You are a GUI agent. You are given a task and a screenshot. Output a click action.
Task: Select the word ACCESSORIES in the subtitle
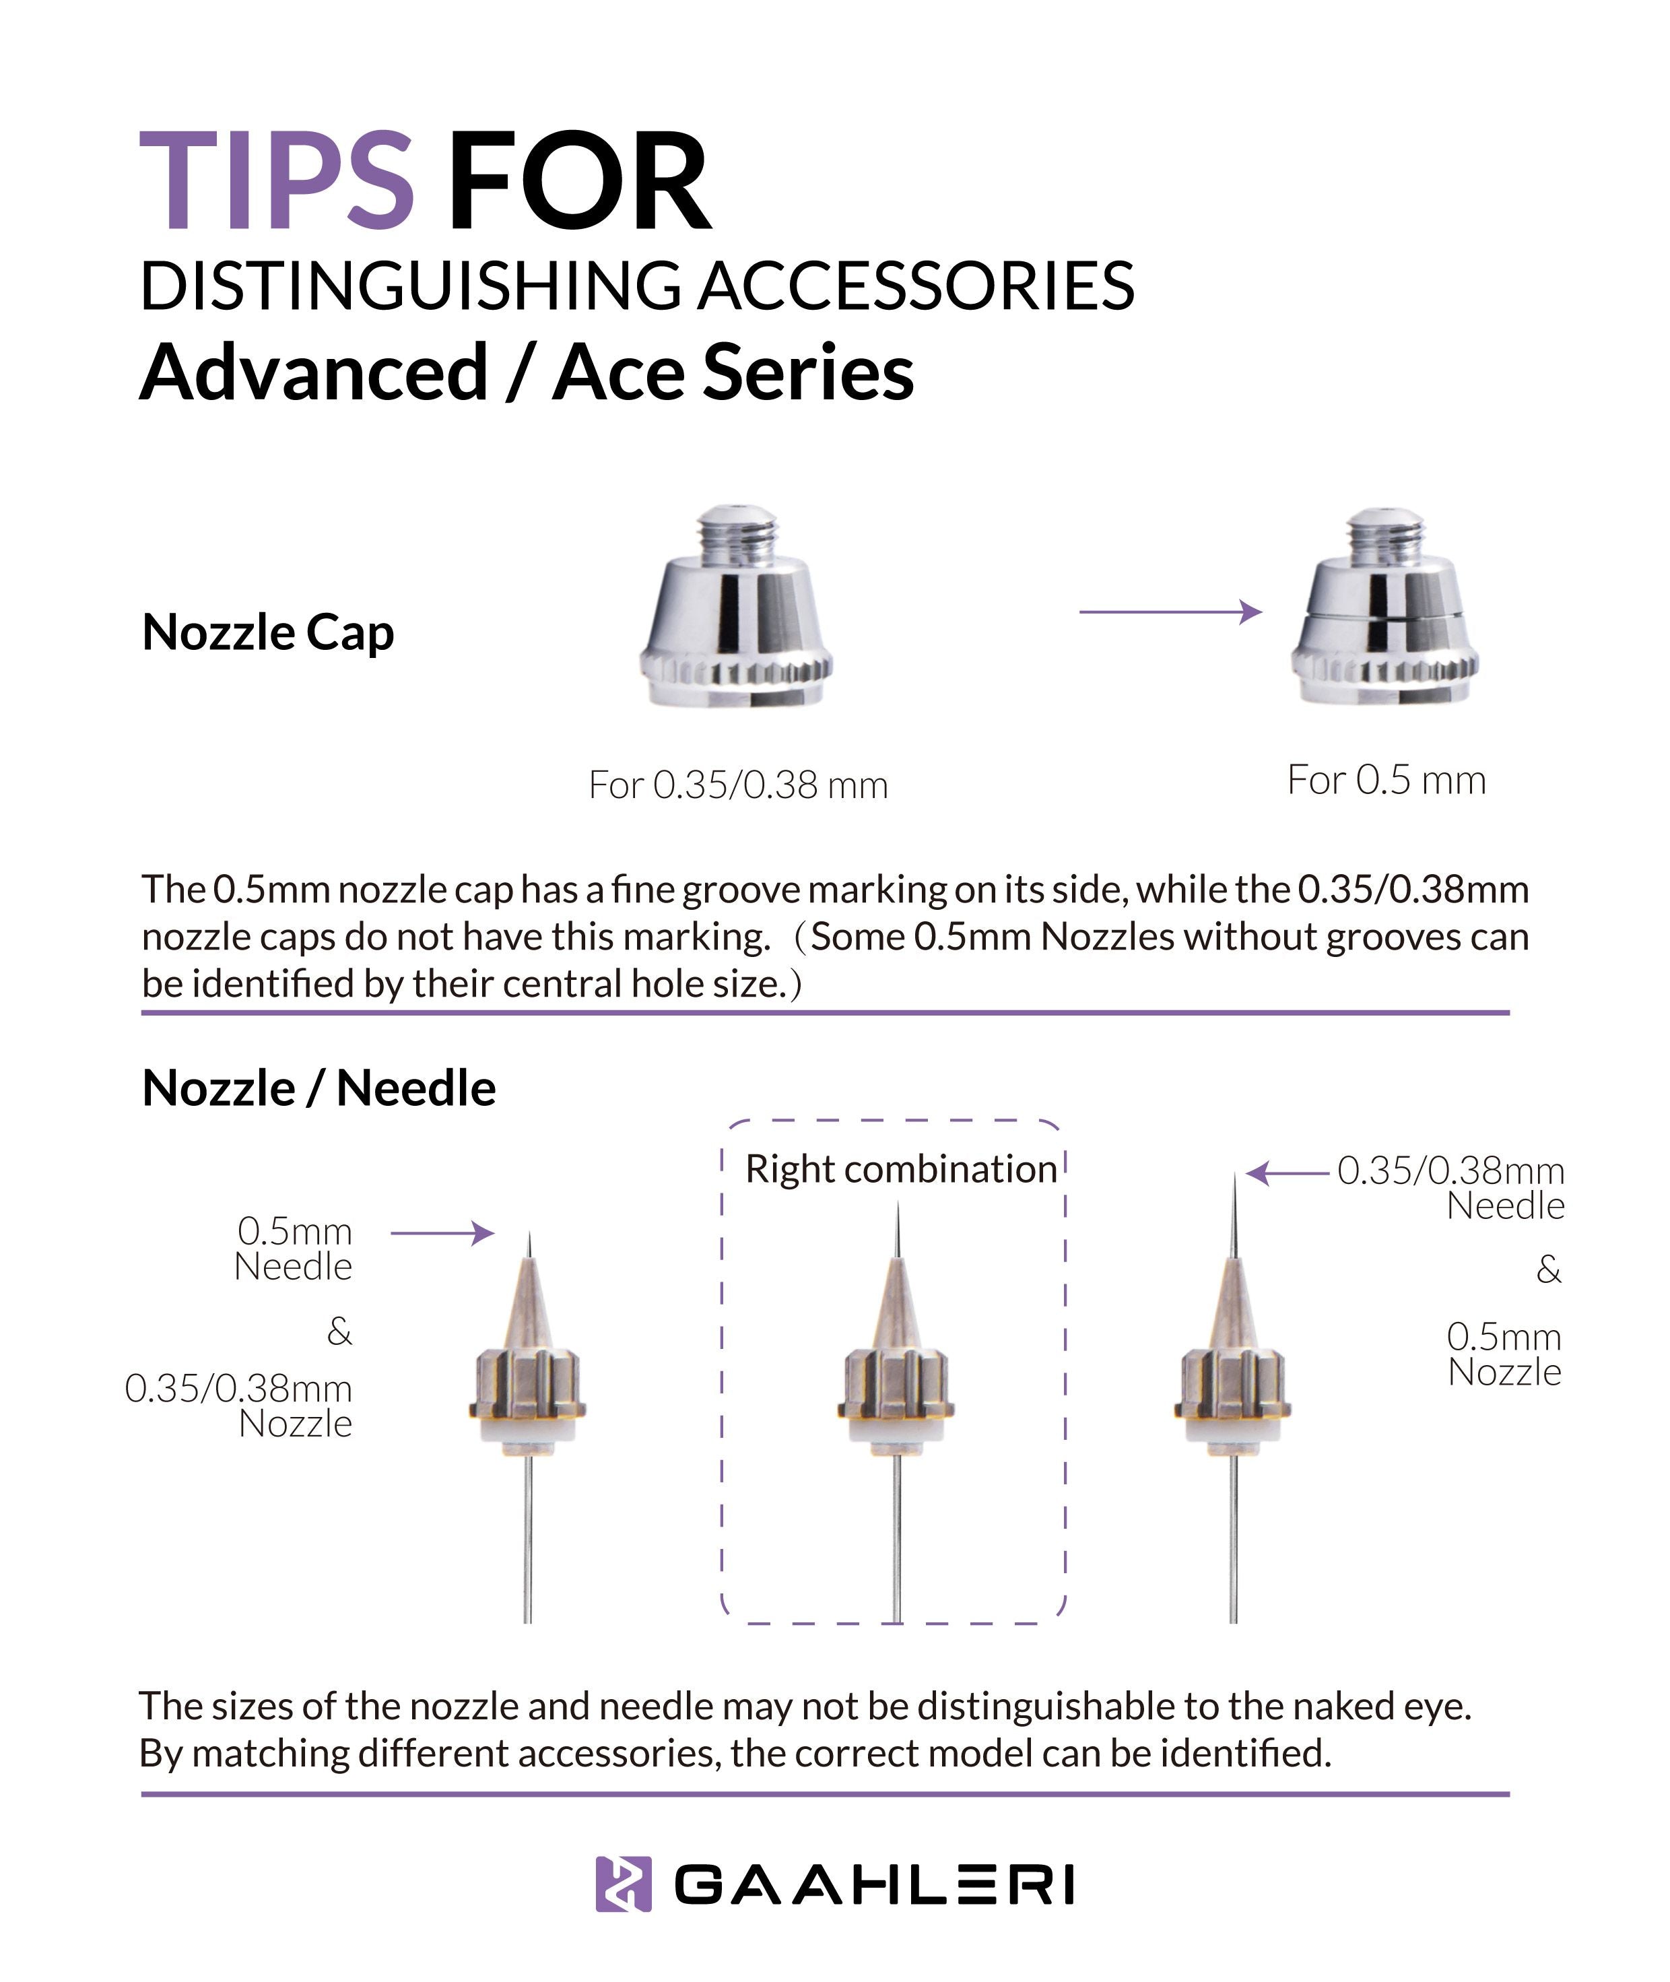click(916, 286)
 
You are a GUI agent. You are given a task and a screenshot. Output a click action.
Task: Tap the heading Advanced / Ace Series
click(527, 372)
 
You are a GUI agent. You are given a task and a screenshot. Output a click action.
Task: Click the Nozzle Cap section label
click(268, 632)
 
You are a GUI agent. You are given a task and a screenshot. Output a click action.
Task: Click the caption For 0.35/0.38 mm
click(737, 785)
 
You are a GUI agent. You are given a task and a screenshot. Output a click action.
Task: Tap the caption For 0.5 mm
click(1386, 781)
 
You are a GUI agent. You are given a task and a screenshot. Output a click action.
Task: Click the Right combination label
click(900, 1170)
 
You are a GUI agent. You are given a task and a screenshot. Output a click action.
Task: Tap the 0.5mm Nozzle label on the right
click(1504, 1354)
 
